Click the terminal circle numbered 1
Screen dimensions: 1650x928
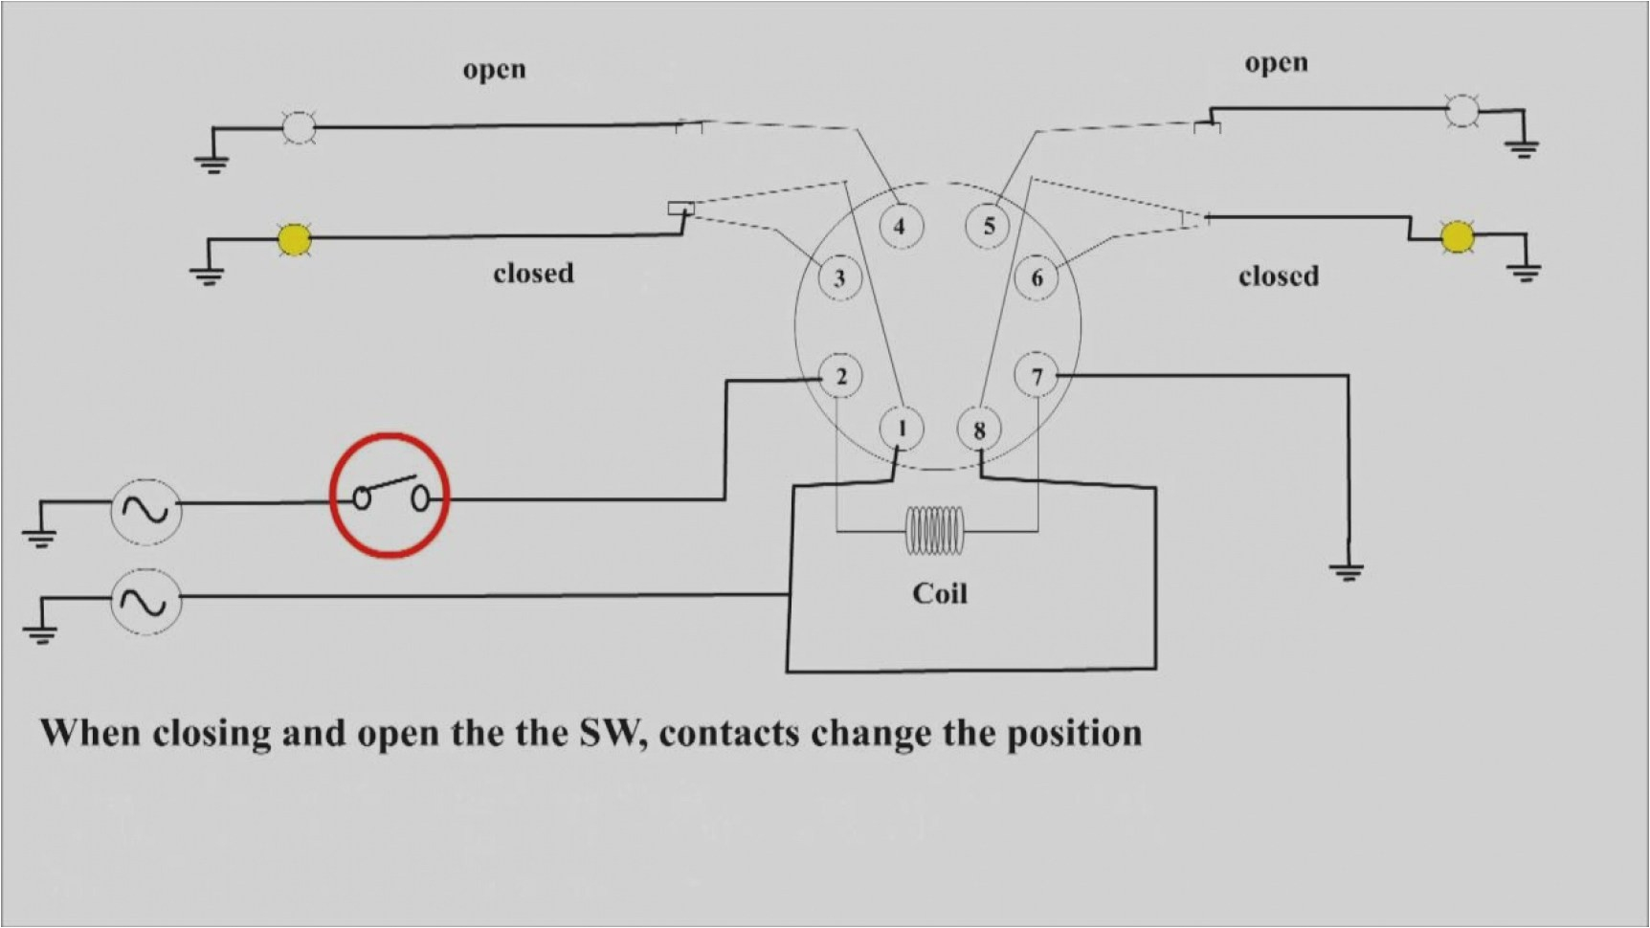click(x=901, y=427)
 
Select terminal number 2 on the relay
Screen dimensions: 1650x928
click(x=840, y=377)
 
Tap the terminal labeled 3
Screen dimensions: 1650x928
click(x=839, y=277)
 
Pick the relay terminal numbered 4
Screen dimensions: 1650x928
click(x=899, y=226)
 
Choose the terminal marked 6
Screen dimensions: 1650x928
click(x=1037, y=277)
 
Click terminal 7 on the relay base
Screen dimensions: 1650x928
click(x=1037, y=377)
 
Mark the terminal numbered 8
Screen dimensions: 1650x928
click(x=978, y=430)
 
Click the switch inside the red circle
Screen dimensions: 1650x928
click(x=390, y=496)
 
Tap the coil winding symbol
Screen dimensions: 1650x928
click(x=936, y=530)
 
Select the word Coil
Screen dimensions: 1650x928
click(x=939, y=594)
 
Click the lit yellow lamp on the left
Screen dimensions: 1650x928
click(x=294, y=239)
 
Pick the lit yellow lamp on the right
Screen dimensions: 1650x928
click(x=1457, y=235)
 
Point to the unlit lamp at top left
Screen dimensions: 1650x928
click(x=299, y=126)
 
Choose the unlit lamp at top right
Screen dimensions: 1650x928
click(x=1460, y=110)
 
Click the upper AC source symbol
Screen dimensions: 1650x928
click(x=145, y=510)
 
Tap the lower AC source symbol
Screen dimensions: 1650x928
click(x=145, y=601)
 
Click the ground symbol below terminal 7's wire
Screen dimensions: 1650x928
click(x=1347, y=573)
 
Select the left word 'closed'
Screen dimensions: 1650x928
click(x=533, y=274)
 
